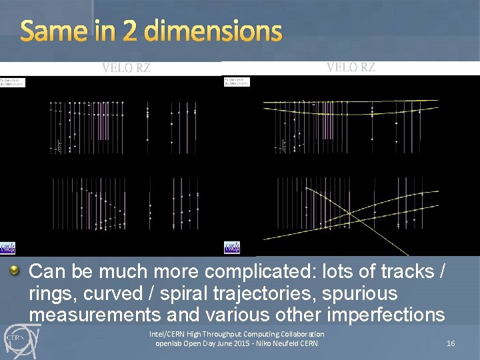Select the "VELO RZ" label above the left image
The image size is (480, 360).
pos(126,67)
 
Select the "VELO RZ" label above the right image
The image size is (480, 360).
pos(351,67)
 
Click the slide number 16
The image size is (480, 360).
pos(451,343)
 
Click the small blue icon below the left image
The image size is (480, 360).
pos(7,248)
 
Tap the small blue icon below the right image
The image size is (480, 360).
pos(231,248)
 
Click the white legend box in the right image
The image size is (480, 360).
pos(236,82)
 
